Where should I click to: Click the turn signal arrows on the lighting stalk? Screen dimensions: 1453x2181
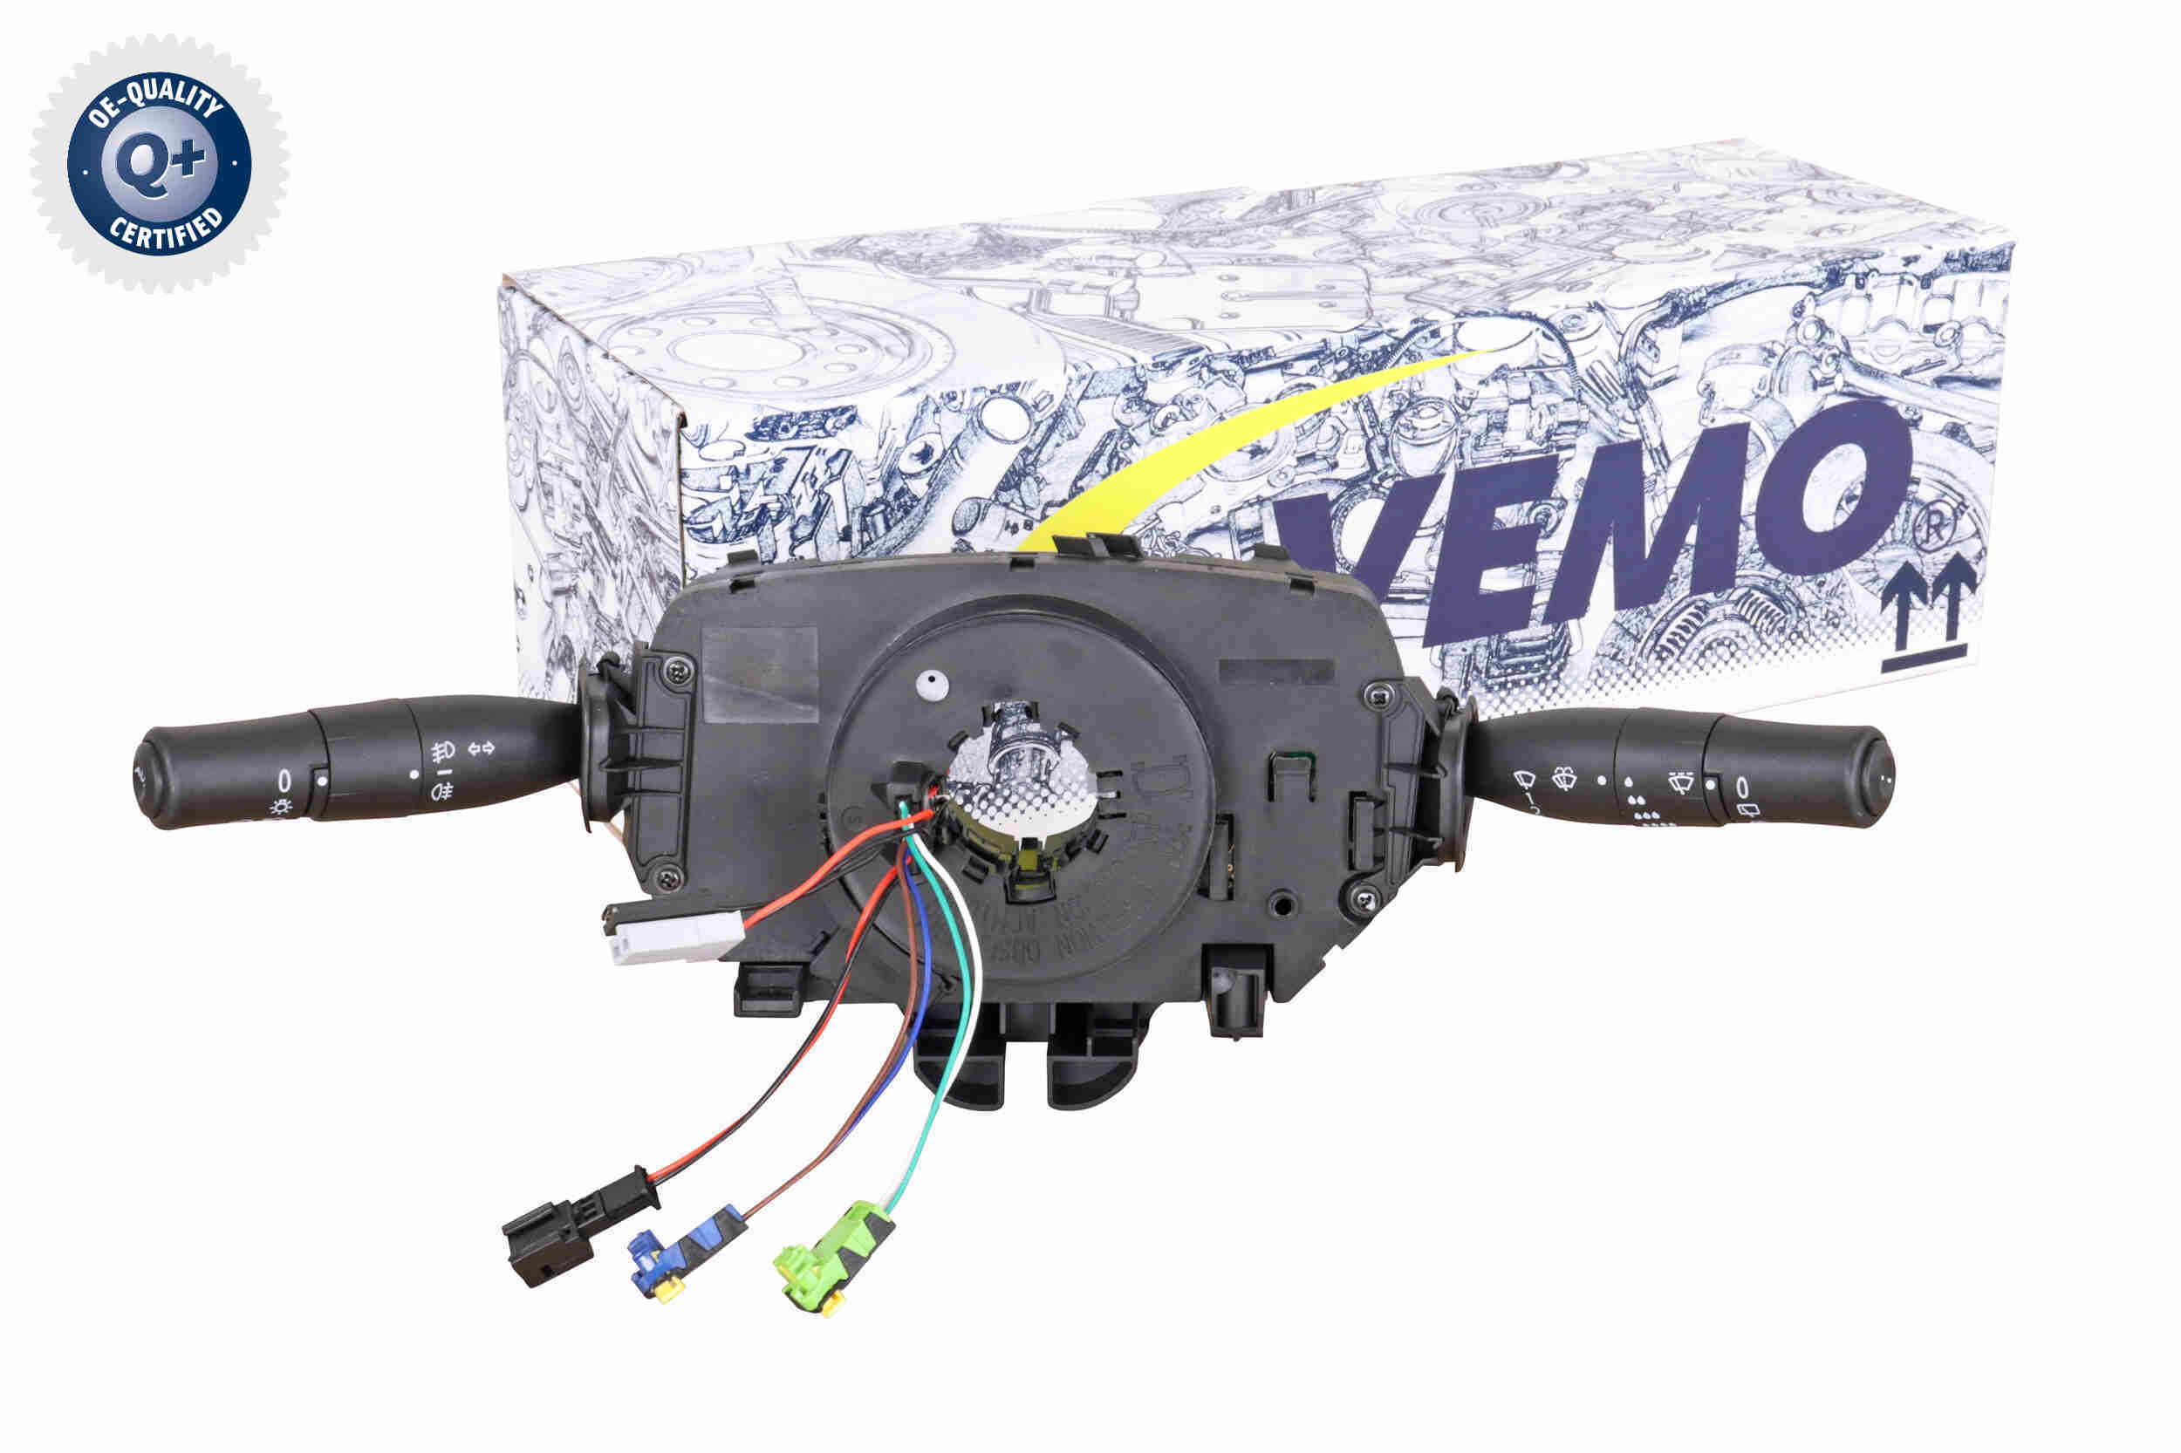(482, 747)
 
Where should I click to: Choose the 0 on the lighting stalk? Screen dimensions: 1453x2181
(284, 780)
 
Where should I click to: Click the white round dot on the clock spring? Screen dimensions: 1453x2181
(930, 683)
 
